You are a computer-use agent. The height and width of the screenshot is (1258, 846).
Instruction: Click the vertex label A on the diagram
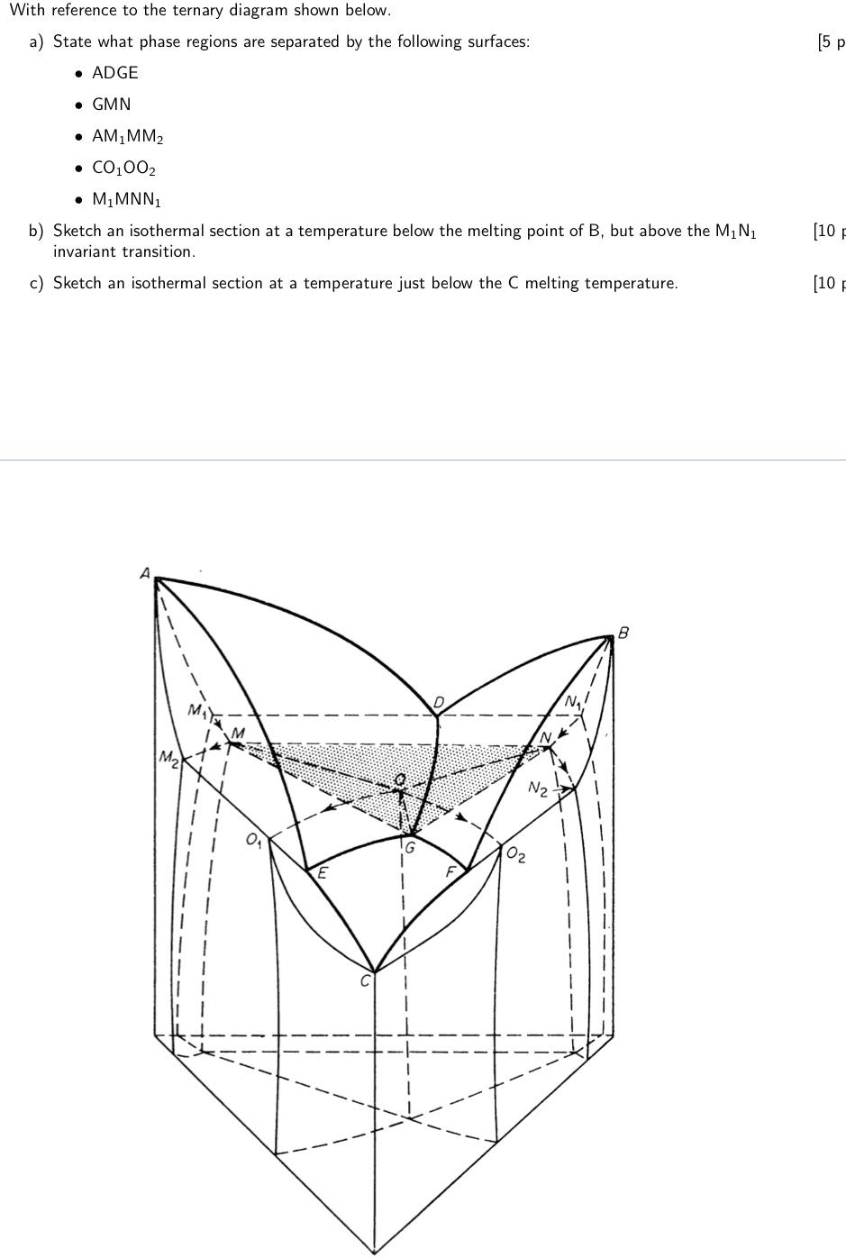click(x=144, y=572)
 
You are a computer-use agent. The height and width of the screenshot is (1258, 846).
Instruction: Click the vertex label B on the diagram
click(x=623, y=633)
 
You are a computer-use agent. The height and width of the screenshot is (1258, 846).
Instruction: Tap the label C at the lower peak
click(x=365, y=981)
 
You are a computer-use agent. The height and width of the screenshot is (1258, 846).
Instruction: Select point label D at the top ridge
click(x=439, y=702)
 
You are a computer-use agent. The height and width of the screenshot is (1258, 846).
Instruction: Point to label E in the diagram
click(x=323, y=871)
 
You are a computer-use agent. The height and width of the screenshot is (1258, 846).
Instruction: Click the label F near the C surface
click(x=450, y=871)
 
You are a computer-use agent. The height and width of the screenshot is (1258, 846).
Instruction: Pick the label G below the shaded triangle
click(x=409, y=847)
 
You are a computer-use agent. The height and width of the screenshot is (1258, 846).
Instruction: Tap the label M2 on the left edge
click(x=168, y=756)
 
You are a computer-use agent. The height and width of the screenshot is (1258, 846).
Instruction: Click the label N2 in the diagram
click(x=538, y=789)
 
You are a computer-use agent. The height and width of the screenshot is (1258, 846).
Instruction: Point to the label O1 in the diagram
click(x=255, y=840)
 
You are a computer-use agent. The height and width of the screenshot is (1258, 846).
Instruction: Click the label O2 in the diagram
click(x=515, y=854)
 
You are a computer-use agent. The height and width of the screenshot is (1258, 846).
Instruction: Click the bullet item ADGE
click(x=114, y=73)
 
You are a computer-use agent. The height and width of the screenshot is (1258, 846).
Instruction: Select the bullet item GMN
click(x=111, y=105)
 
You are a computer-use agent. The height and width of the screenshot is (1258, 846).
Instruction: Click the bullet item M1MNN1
click(x=126, y=200)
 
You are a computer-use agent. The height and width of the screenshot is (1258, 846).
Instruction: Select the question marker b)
click(x=36, y=231)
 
